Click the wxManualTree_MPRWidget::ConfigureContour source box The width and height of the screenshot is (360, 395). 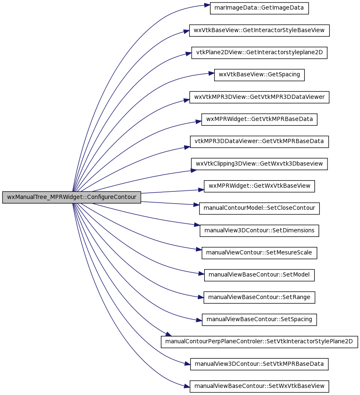tap(72, 197)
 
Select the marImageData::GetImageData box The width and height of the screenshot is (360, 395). tap(259, 8)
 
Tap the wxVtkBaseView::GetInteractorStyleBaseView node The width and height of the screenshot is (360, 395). tap(259, 30)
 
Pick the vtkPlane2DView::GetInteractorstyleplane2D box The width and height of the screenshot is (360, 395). tap(259, 53)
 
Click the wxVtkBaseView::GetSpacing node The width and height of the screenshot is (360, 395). tap(259, 75)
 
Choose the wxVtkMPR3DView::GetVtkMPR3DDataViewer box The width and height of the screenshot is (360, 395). tap(259, 97)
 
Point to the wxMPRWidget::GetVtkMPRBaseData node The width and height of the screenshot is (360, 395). tap(259, 119)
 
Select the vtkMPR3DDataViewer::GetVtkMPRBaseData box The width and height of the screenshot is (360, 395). tap(259, 141)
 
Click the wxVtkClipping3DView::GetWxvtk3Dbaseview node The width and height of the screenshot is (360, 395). tap(259, 164)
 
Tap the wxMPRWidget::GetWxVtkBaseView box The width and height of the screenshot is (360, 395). tap(259, 186)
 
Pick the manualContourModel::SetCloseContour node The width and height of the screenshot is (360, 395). tap(259, 208)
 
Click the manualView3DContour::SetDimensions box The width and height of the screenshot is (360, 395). tap(259, 231)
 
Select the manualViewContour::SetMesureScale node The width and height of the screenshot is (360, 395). tap(259, 253)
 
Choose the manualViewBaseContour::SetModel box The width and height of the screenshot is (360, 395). tap(259, 275)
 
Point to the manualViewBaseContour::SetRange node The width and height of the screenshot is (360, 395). tap(259, 297)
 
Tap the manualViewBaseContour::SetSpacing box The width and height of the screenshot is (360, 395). tap(259, 320)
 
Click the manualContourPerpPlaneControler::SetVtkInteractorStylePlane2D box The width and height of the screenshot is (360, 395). tap(259, 342)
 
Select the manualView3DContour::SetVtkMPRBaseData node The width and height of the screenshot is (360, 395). tap(259, 364)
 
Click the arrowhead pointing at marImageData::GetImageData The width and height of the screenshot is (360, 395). tap(207, 5)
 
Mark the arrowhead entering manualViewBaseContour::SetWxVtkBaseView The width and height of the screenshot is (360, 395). tap(187, 386)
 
